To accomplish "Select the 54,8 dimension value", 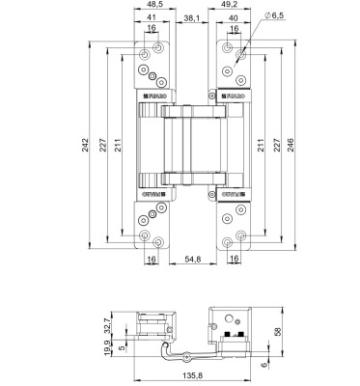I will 195,260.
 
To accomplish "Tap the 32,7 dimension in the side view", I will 120,329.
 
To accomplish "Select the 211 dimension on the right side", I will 262,145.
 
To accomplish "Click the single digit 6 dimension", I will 267,366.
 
